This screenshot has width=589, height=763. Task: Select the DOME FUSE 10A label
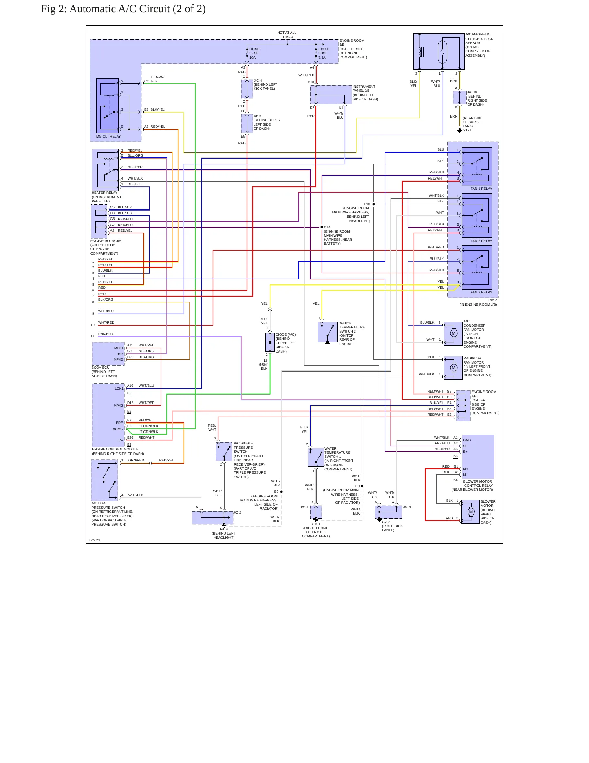[x=254, y=53]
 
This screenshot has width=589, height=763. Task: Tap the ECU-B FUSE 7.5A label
[x=324, y=53]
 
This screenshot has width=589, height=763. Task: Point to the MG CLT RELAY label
[x=108, y=136]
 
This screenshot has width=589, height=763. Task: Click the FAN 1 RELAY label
[x=481, y=189]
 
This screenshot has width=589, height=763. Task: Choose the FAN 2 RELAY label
[x=481, y=241]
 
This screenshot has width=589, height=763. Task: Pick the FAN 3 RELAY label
[x=481, y=292]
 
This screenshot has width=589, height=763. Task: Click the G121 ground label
[x=467, y=130]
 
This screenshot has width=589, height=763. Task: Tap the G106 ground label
[x=224, y=529]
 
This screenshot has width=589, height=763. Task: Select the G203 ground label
[x=386, y=522]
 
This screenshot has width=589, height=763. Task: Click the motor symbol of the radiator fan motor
[x=454, y=368]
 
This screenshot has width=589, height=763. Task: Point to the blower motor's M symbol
[x=471, y=512]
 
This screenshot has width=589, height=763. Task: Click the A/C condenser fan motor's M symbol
[x=454, y=333]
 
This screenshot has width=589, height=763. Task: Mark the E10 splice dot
[x=373, y=204]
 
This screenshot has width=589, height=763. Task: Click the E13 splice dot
[x=322, y=227]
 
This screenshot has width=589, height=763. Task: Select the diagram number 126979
[x=95, y=540]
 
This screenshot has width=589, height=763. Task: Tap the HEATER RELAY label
[x=104, y=193]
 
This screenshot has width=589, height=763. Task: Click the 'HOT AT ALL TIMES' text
[x=287, y=35]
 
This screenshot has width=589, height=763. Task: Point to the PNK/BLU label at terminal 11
[x=106, y=334]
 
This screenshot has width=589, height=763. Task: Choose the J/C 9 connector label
[x=407, y=507]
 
